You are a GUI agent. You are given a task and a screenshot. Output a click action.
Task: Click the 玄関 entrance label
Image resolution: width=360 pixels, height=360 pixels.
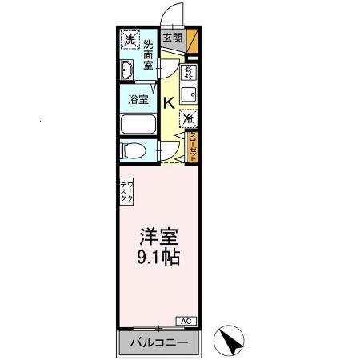click(171, 37)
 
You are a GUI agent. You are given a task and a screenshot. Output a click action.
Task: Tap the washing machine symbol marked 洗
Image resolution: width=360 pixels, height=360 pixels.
click(130, 39)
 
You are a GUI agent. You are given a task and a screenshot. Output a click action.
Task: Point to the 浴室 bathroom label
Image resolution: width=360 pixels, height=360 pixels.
click(138, 100)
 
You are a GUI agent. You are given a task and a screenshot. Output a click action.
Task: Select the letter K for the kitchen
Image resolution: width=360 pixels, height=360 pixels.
click(170, 102)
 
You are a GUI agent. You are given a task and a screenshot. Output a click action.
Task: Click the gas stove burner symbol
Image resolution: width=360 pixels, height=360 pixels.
click(188, 73)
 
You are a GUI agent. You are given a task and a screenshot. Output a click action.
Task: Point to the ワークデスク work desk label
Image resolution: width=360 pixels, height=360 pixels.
click(127, 193)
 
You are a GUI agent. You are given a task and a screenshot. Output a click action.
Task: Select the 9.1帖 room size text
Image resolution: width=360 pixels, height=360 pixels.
click(158, 258)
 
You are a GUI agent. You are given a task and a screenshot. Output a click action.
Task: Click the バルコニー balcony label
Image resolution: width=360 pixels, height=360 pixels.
click(158, 344)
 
